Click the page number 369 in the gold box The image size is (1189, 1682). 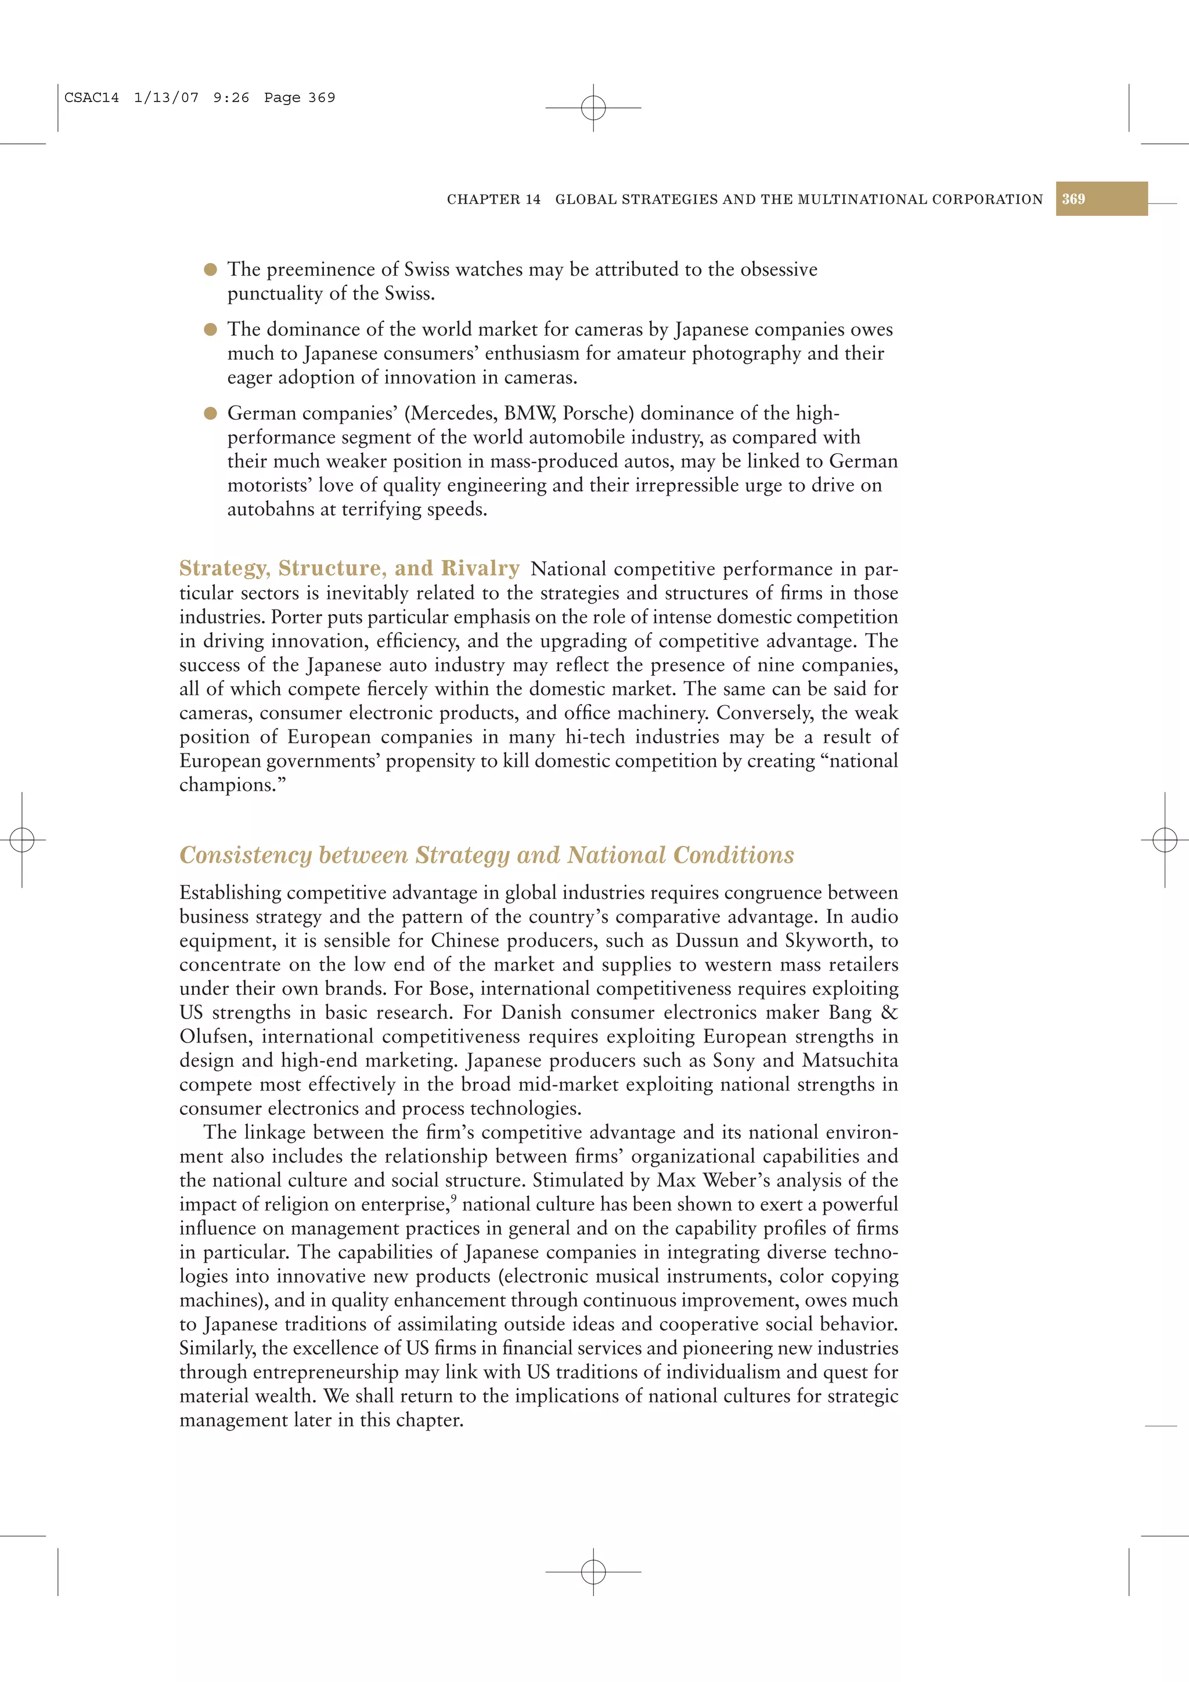tap(1073, 199)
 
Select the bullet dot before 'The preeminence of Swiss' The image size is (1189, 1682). tap(210, 269)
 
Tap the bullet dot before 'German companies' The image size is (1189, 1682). tap(210, 413)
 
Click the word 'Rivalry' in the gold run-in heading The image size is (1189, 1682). tap(480, 568)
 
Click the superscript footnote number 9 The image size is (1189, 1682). tap(453, 1199)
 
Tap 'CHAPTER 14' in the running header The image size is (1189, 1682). tap(493, 199)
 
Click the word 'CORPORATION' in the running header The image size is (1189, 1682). tap(987, 199)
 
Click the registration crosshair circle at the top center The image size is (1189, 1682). tap(593, 108)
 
